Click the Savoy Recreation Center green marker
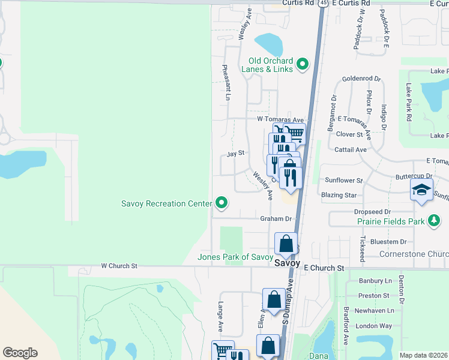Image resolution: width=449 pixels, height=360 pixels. pos(222,203)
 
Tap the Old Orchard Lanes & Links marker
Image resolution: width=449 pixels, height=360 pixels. pos(303,64)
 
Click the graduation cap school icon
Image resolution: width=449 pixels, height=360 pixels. pos(421,191)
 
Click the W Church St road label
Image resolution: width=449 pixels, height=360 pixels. pos(119,265)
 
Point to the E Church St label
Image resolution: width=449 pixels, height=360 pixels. pos(324,268)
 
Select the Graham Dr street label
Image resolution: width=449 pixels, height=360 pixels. pos(276,218)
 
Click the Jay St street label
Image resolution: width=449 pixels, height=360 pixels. pos(236,153)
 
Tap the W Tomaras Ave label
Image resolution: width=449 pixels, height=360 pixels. pos(281,119)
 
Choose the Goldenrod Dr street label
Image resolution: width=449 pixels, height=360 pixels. pos(362,79)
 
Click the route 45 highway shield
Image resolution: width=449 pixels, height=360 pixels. pos(324,3)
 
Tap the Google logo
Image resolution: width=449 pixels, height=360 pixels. pos(20,353)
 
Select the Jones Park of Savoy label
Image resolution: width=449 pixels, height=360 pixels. pos(236,257)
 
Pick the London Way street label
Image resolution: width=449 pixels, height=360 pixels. pos(373,326)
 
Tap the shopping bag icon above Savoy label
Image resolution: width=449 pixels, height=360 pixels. pos(286,244)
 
